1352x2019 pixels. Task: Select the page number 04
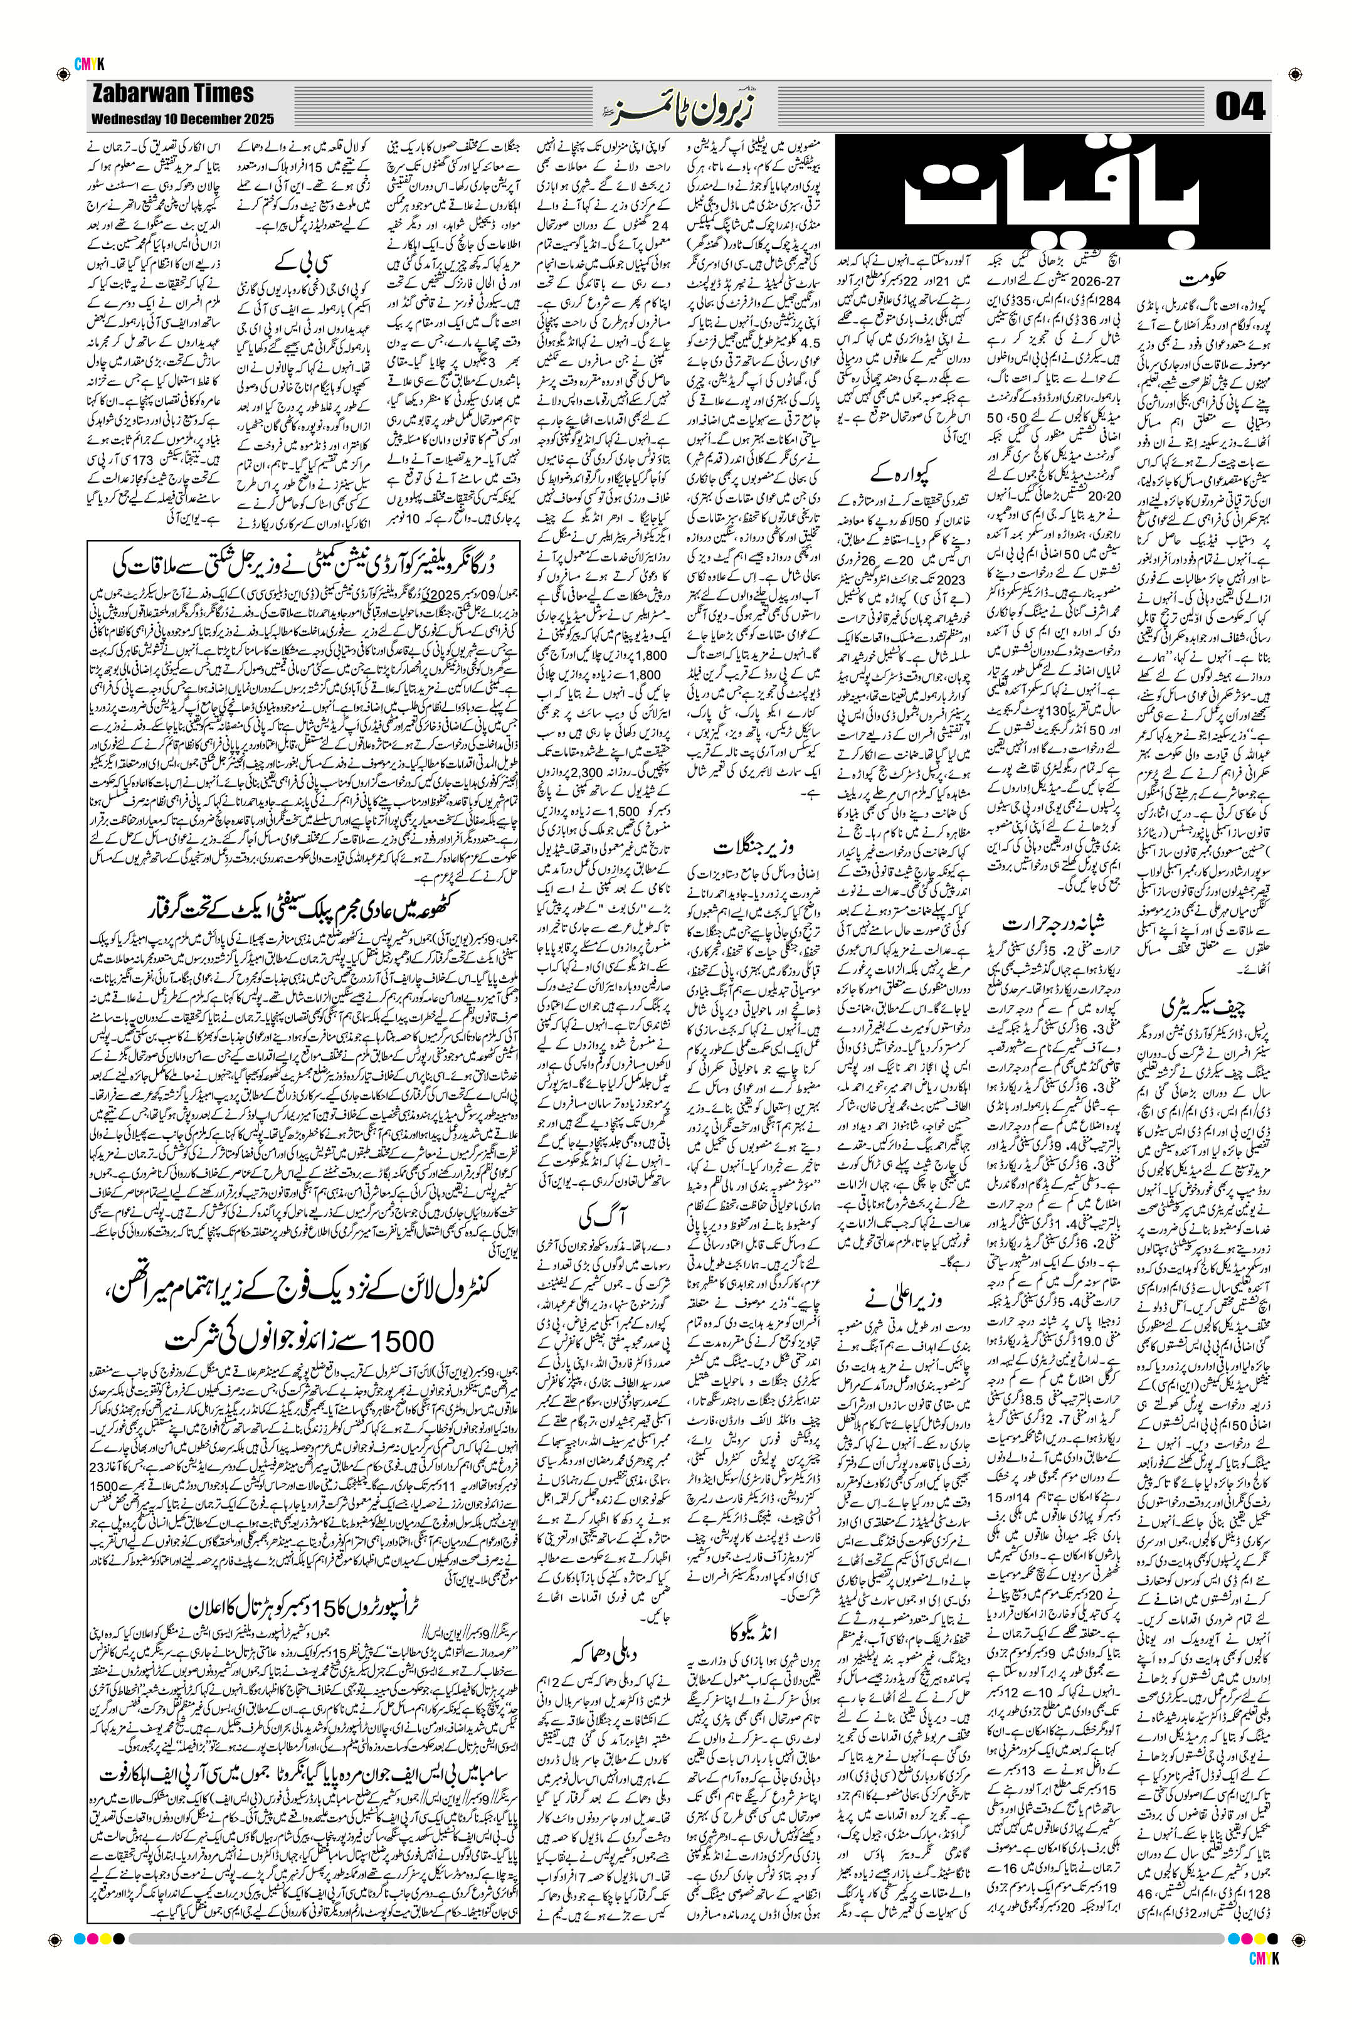(x=1240, y=108)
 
